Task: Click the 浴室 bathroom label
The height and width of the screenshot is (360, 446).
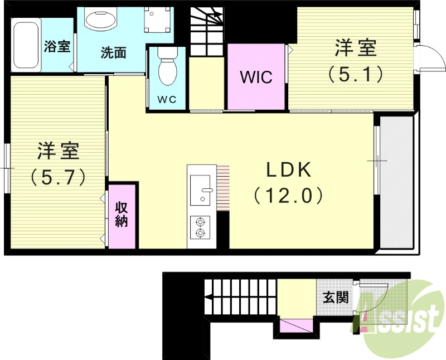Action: pyautogui.click(x=57, y=46)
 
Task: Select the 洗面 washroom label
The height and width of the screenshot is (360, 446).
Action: pyautogui.click(x=113, y=53)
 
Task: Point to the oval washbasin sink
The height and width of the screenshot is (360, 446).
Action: pyautogui.click(x=101, y=20)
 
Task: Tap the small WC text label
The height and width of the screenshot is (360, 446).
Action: pyautogui.click(x=167, y=100)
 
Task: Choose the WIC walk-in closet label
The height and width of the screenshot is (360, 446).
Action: pyautogui.click(x=256, y=76)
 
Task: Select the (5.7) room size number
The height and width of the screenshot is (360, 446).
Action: pyautogui.click(x=58, y=177)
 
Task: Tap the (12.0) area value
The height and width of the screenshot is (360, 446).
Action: pyautogui.click(x=288, y=195)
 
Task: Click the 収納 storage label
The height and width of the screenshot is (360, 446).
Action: pyautogui.click(x=122, y=214)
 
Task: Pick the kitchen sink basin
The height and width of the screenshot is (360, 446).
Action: pyautogui.click(x=200, y=190)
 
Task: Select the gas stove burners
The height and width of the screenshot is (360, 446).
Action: pyautogui.click(x=200, y=227)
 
